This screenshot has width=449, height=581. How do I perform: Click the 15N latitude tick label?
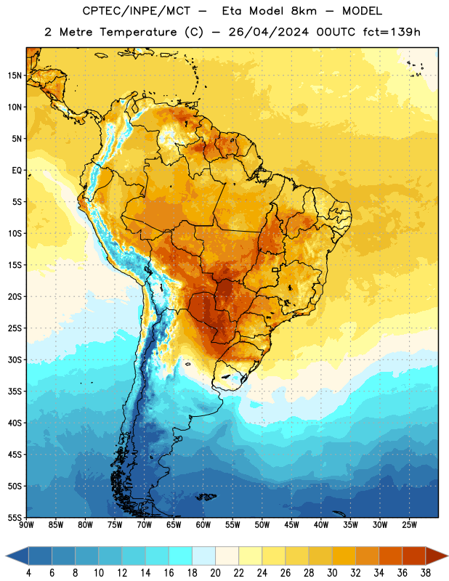point(15,76)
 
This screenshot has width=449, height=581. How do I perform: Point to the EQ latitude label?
point(17,171)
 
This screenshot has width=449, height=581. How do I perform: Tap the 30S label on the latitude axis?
point(15,359)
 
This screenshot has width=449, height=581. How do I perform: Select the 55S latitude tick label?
point(15,517)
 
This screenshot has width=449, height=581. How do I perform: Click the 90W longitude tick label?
point(26,525)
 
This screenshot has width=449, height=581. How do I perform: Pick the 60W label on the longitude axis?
point(203,525)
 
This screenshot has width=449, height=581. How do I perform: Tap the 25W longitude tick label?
point(409,525)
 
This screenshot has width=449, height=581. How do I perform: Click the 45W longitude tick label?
point(291,525)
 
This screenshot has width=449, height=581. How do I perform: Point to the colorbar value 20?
point(215,573)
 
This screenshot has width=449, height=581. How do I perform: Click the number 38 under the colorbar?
point(425,573)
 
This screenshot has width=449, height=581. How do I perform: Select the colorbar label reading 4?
point(28,573)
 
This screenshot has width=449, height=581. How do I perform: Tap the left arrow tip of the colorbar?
point(6,556)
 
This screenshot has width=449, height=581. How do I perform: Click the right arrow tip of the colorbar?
point(448,556)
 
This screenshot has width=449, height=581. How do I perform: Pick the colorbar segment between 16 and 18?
point(180,556)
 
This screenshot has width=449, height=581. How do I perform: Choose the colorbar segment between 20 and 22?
point(227,556)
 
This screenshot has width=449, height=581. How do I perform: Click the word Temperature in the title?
point(138,32)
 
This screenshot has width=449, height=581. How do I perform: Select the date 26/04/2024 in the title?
point(268,32)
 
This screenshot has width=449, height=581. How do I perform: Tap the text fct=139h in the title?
point(392,32)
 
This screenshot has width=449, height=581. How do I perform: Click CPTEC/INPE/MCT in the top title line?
point(136,11)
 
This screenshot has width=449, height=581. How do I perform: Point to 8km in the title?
point(304,11)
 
